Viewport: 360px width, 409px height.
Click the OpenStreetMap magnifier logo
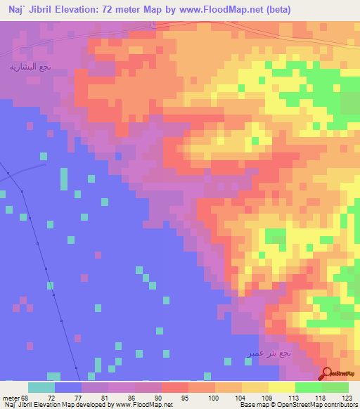(x=328, y=373)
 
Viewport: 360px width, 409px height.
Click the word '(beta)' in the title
(x=284, y=9)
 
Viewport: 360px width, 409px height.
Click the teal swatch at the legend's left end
(x=41, y=387)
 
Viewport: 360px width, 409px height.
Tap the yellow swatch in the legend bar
(x=281, y=387)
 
